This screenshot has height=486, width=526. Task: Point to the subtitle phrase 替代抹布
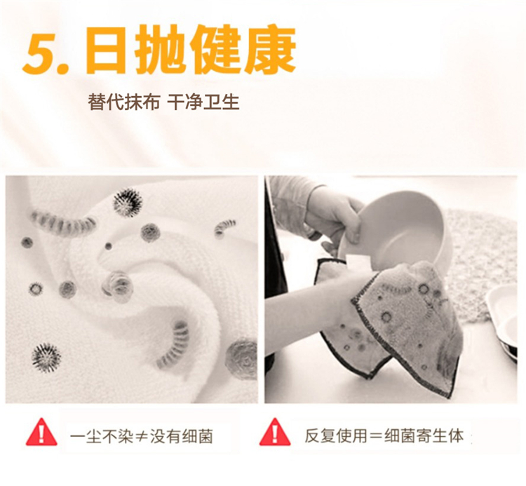[x=123, y=102]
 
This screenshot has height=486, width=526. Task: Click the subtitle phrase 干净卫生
[x=203, y=102]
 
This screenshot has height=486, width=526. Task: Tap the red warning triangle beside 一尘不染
[x=41, y=432]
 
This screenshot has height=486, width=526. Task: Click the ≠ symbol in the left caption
[x=141, y=437]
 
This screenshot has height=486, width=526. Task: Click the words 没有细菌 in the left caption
[x=182, y=437]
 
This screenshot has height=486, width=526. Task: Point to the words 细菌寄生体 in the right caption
[x=424, y=436]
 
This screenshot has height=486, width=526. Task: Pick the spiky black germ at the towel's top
[x=127, y=202]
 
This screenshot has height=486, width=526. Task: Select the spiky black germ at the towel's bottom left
[x=46, y=358]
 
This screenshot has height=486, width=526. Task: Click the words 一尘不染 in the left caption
[x=102, y=437]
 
